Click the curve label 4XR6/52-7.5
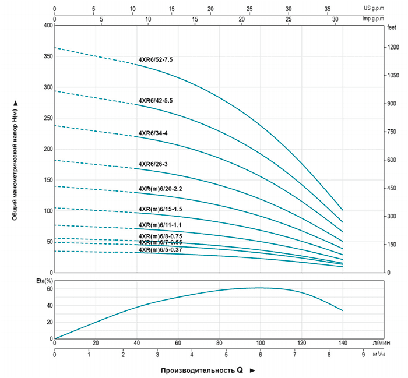(156, 60)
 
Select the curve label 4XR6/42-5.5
(156, 101)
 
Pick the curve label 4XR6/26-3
(153, 164)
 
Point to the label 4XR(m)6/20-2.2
(160, 189)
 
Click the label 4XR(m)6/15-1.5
(160, 209)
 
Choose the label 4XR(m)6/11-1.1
(160, 225)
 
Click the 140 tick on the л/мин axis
(343, 342)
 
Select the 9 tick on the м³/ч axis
(364, 354)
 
